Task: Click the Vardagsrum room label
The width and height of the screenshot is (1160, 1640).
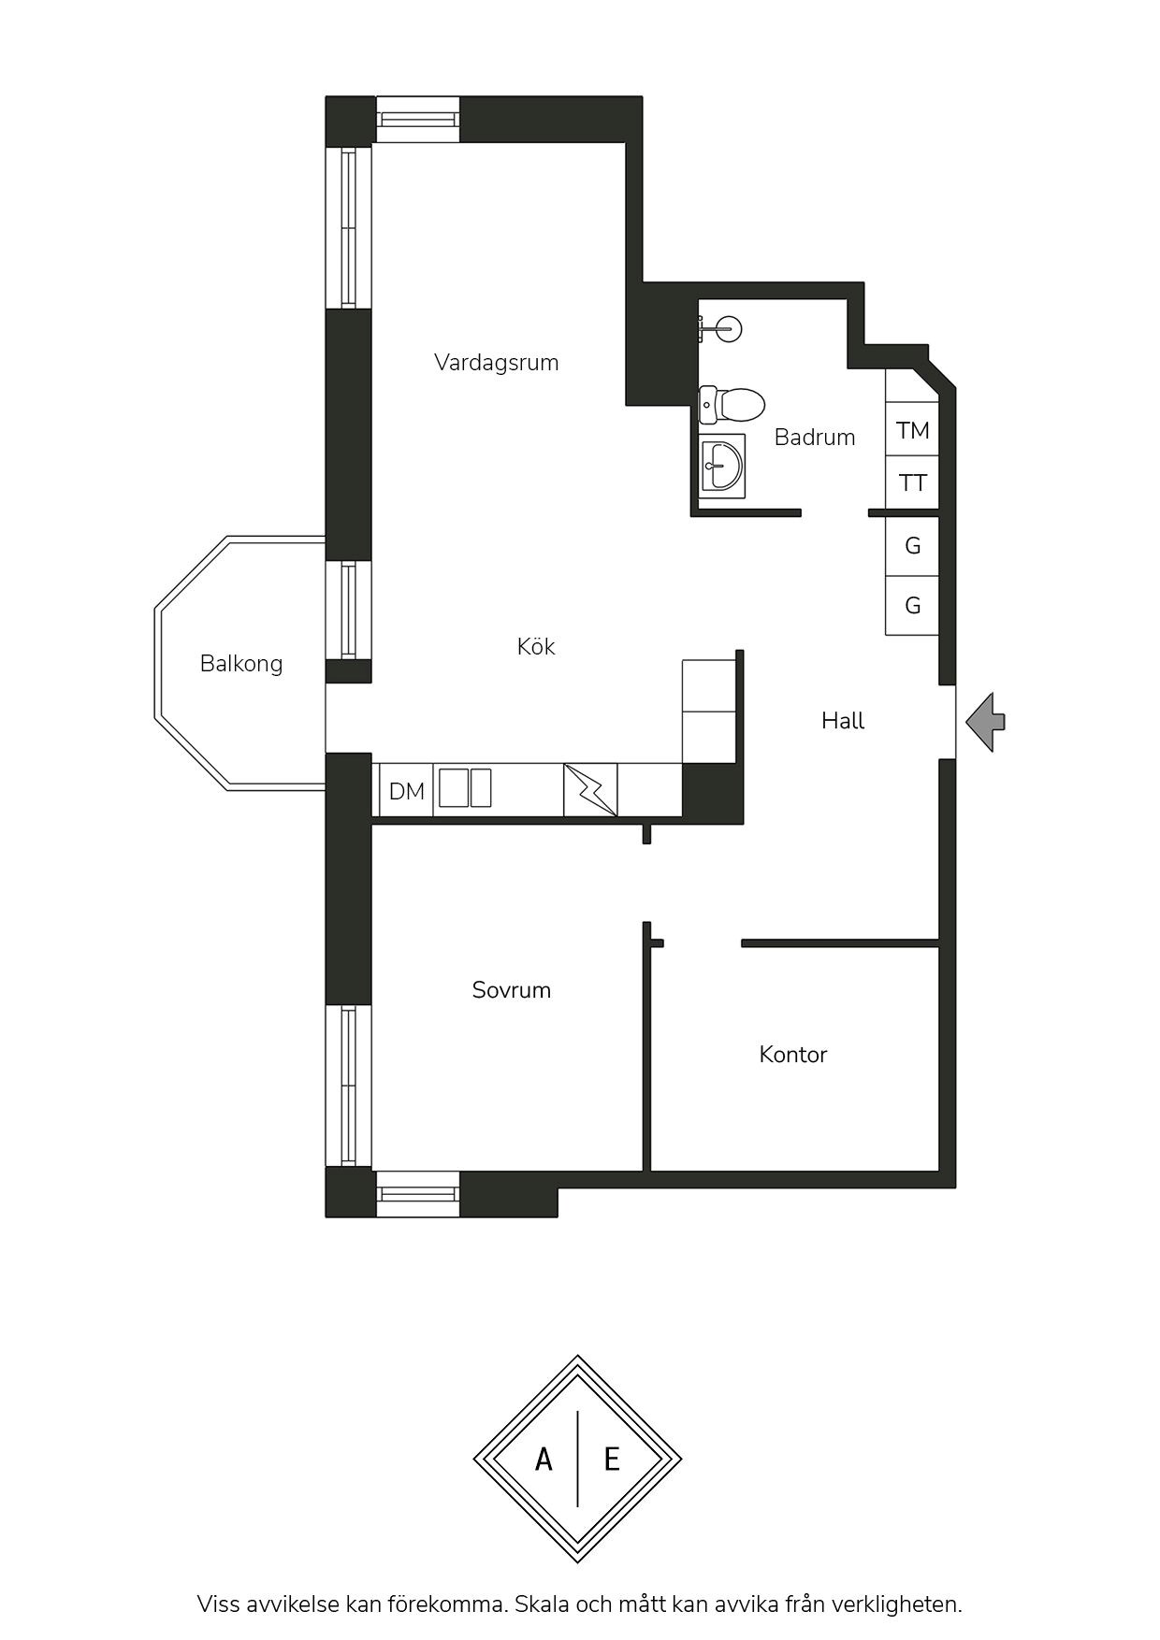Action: pyautogui.click(x=496, y=363)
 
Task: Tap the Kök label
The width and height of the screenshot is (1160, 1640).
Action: pyautogui.click(x=536, y=646)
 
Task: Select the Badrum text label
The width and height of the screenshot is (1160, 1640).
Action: pyautogui.click(x=815, y=437)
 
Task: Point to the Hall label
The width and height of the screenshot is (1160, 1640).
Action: pyautogui.click(x=843, y=721)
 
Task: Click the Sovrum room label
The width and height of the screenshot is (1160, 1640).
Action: pyautogui.click(x=511, y=990)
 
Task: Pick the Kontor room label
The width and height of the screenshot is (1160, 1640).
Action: pyautogui.click(x=793, y=1055)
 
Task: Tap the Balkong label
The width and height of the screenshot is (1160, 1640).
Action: pyautogui.click(x=241, y=664)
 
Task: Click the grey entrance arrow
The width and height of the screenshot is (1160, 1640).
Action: pyautogui.click(x=985, y=721)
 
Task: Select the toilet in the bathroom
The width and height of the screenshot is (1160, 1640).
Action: pyautogui.click(x=732, y=405)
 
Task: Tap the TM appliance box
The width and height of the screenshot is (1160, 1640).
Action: pyautogui.click(x=912, y=430)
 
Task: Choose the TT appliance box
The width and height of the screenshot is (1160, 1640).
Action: pyautogui.click(x=912, y=483)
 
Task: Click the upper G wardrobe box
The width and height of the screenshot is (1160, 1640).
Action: pyautogui.click(x=912, y=545)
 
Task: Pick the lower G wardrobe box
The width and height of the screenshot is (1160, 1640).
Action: pyautogui.click(x=912, y=605)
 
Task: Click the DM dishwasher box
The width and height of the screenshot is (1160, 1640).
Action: pyautogui.click(x=406, y=791)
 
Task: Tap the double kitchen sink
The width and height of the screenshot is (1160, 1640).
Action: pyautogui.click(x=465, y=787)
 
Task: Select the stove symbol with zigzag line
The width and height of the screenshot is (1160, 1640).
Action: pyautogui.click(x=590, y=790)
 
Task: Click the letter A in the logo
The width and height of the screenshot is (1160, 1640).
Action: pyautogui.click(x=544, y=1459)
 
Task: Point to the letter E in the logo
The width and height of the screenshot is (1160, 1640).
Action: pyautogui.click(x=612, y=1459)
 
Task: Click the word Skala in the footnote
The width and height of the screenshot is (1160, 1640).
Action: pyautogui.click(x=543, y=1604)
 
